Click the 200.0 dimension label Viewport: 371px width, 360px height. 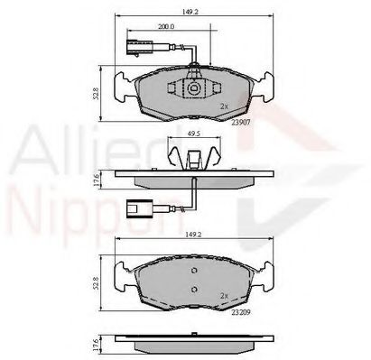pyautogui.click(x=165, y=26)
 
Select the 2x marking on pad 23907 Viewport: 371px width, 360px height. pyautogui.click(x=223, y=106)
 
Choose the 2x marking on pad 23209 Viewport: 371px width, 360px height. pyautogui.click(x=223, y=294)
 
